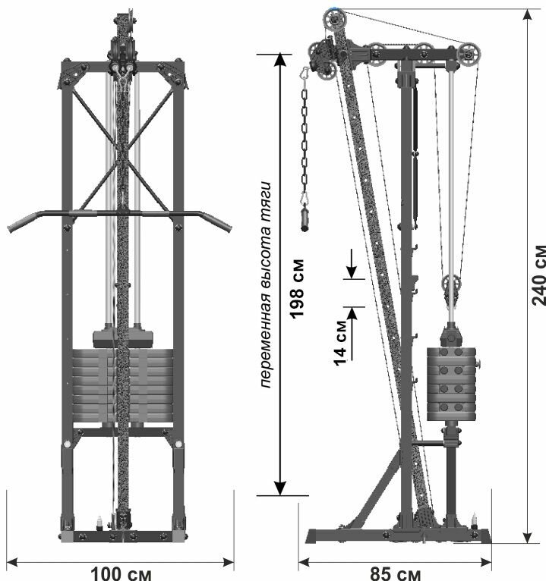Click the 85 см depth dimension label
tap(395, 573)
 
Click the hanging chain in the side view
tap(306, 137)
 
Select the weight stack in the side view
tap(451, 383)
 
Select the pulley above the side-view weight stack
tap(452, 286)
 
